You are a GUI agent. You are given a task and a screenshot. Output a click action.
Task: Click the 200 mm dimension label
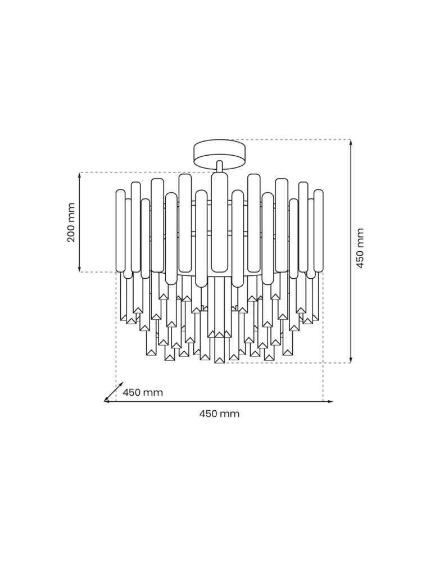coord(71,223)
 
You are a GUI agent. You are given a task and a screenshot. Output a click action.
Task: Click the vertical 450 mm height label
coord(360,248)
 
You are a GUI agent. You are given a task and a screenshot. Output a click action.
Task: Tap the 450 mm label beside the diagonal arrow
coord(143,393)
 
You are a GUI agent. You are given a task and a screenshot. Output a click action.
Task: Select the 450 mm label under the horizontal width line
coord(219,414)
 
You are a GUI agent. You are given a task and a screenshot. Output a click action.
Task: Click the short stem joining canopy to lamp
coord(220,166)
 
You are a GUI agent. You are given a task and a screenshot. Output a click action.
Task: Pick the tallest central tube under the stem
coord(220,222)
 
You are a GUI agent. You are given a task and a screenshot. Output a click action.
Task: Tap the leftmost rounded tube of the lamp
coord(120,230)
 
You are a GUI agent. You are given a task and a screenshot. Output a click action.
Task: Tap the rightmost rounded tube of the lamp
coord(319,230)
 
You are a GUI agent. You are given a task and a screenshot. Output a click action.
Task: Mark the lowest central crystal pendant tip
coord(220,359)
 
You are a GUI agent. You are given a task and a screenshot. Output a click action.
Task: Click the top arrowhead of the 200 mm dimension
coord(80,175)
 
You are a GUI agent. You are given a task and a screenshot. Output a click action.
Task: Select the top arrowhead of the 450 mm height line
coord(351,143)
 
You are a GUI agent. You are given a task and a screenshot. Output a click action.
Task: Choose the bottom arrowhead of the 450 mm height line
coord(351,360)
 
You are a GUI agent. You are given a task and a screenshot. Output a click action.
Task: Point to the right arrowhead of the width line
coord(330,401)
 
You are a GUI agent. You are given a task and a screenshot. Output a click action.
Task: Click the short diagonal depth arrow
coord(114,392)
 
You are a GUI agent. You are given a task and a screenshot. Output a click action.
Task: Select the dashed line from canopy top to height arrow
coord(292,139)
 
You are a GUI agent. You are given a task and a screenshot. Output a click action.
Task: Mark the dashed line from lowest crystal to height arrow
coord(287,363)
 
